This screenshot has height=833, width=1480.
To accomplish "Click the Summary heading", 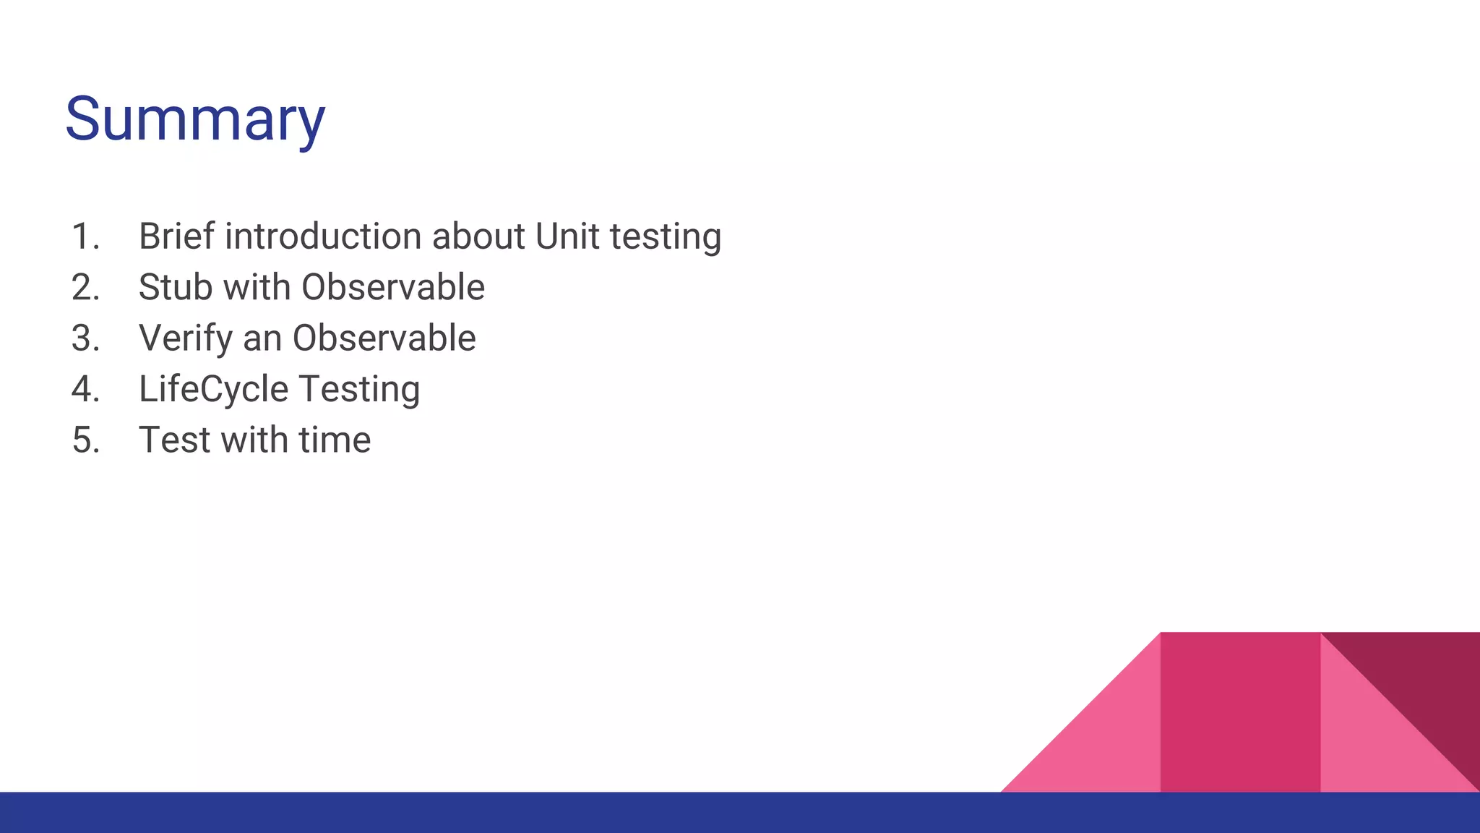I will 195,119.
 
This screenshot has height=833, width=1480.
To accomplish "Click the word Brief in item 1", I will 176,236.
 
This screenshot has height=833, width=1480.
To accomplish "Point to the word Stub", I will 176,288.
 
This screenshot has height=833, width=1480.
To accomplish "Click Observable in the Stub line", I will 392,288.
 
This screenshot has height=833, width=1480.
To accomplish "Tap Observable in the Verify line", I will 384,338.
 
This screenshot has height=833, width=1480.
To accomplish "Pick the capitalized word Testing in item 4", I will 359,390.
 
